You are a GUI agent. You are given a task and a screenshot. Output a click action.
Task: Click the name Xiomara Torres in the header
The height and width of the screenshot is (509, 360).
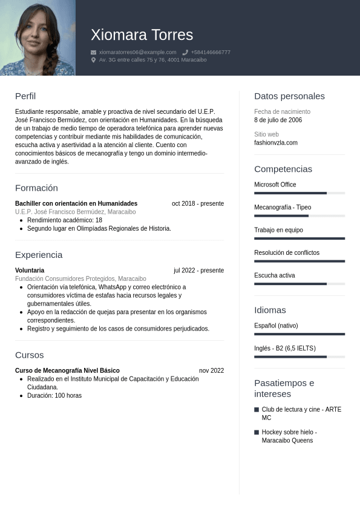(x=142, y=35)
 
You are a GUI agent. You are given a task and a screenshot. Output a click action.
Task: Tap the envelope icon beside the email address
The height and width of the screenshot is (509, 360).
(x=94, y=53)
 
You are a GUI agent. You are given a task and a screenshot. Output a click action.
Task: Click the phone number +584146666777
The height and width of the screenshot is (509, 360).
(x=211, y=53)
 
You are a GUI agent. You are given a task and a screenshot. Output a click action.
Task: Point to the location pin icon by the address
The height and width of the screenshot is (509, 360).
(x=94, y=60)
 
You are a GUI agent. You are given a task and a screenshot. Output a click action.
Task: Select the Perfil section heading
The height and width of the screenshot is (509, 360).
(x=25, y=96)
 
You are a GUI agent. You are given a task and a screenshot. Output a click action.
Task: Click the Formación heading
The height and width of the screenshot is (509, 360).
(x=36, y=188)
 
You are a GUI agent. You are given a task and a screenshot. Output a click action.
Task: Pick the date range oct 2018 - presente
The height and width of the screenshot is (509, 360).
(x=197, y=203)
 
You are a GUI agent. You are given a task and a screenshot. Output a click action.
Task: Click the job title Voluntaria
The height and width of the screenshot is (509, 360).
(x=30, y=271)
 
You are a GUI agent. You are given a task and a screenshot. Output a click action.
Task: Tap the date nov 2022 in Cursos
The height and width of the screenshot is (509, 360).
(x=211, y=370)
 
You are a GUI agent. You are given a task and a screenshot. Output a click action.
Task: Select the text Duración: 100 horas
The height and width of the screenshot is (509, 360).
(x=54, y=396)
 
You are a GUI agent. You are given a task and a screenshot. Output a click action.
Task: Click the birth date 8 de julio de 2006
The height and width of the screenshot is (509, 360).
(x=278, y=120)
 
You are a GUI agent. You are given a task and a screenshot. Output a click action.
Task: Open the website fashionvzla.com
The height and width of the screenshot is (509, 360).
(x=276, y=143)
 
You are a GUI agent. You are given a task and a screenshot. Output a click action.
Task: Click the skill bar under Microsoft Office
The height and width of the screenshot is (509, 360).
(x=299, y=193)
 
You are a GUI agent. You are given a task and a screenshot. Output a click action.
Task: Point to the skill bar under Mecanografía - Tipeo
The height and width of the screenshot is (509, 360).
(x=299, y=215)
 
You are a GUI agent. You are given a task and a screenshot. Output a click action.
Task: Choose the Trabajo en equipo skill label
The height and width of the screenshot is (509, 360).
(x=278, y=230)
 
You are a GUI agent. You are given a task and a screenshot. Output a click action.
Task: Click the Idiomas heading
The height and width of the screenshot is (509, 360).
(x=270, y=310)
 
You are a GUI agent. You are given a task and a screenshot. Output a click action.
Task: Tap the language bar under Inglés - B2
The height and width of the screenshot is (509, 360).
(x=299, y=357)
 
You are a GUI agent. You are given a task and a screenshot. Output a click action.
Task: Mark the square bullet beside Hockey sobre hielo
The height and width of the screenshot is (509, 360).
(x=257, y=432)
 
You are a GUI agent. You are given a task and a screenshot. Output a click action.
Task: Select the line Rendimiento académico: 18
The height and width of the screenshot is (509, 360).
(x=64, y=220)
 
